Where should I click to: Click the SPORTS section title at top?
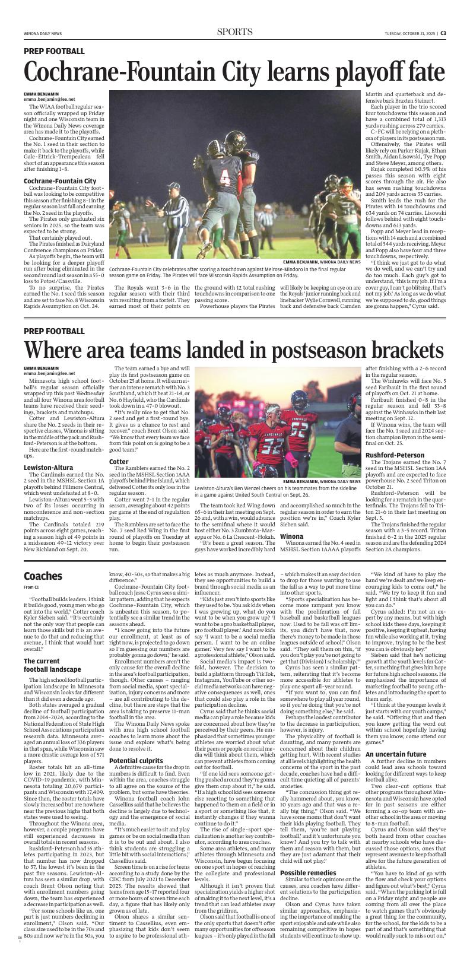click(x=234, y=32)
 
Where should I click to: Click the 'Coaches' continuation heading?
click(x=43, y=576)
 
